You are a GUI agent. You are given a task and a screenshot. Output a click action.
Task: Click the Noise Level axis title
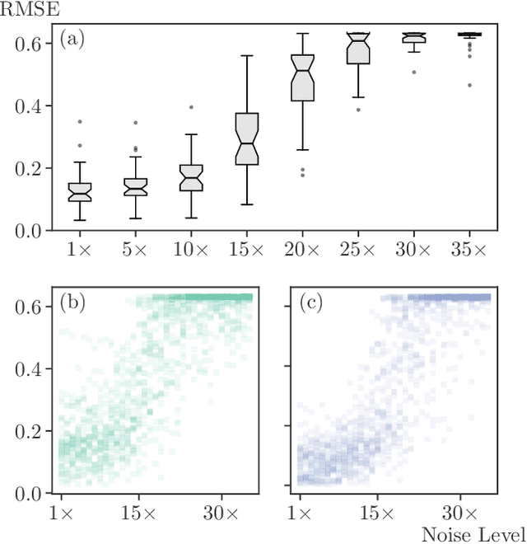click(x=473, y=533)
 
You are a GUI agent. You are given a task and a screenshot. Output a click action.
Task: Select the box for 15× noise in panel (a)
click(x=245, y=138)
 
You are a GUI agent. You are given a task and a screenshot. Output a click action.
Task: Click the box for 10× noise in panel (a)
click(x=191, y=178)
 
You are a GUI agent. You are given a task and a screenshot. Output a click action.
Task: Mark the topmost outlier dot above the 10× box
click(x=191, y=107)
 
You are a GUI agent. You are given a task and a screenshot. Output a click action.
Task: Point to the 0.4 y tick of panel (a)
click(x=30, y=106)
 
